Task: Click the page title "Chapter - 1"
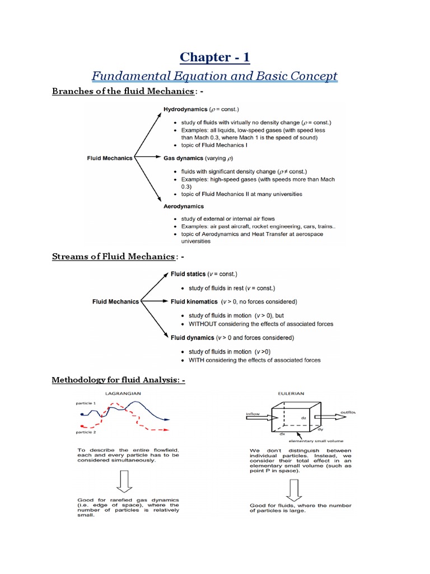215,57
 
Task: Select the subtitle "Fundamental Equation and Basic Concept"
215,76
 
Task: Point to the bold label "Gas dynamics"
183,158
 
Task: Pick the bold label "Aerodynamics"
184,206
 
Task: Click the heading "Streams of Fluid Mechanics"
113,256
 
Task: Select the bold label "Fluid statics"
188,274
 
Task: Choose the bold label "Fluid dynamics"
193,338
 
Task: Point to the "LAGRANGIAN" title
121,394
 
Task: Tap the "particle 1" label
86,403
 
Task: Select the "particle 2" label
86,432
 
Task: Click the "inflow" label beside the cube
254,415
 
